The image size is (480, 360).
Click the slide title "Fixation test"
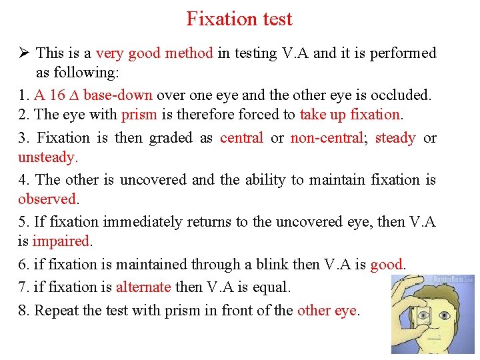(239, 19)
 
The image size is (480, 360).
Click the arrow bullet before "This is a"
(24, 53)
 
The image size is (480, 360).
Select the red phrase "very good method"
(154, 53)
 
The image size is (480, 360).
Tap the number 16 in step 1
(58, 95)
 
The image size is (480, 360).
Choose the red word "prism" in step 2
(139, 115)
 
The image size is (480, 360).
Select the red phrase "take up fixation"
(350, 115)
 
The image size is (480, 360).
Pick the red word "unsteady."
(48, 157)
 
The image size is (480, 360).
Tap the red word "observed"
(47, 199)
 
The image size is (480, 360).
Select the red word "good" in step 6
(386, 265)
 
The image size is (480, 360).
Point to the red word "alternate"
(143, 287)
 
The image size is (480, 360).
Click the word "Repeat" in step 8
(56, 311)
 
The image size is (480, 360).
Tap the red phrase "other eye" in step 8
(327, 311)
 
